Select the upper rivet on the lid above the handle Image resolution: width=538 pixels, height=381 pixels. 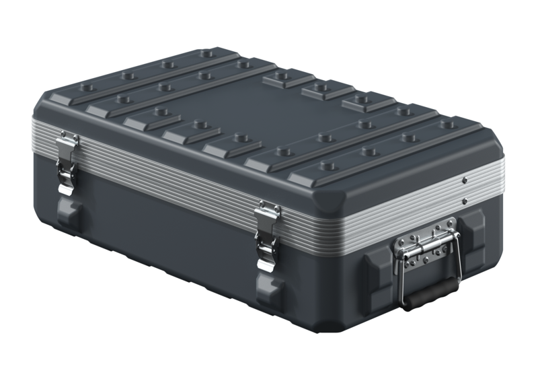(x=465, y=180)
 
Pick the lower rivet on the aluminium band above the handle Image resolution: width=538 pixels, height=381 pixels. (x=465, y=201)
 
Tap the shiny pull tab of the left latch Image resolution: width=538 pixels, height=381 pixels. (x=65, y=180)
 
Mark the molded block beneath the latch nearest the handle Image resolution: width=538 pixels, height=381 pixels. (x=268, y=289)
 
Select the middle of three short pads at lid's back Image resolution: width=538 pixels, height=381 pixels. (x=328, y=90)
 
